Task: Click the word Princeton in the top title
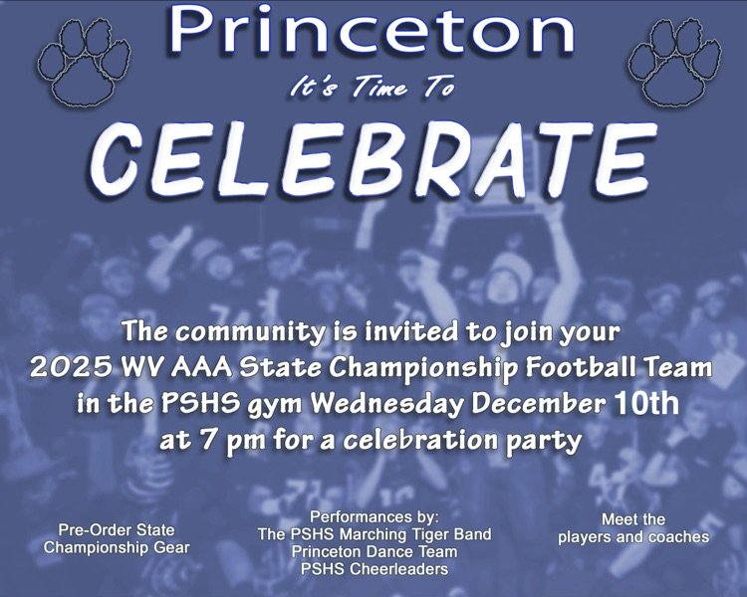pos(373,32)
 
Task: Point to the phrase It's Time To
pos(372,89)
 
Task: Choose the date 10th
pos(646,403)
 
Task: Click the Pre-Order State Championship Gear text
pos(117,538)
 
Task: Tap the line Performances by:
pos(374,517)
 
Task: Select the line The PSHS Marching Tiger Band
pos(374,534)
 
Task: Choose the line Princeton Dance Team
pos(374,551)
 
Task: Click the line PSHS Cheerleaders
pos(374,569)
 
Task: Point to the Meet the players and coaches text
pos(633,528)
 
